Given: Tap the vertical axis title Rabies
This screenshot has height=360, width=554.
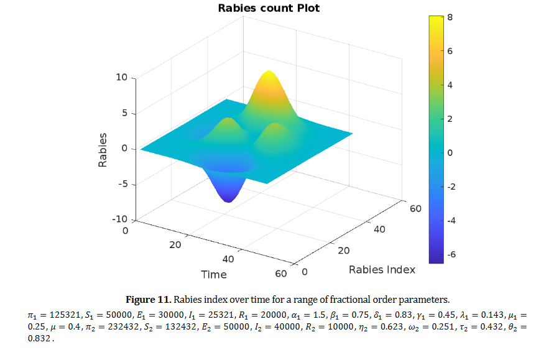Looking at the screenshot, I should point(103,150).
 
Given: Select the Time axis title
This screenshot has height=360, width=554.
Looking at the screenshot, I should point(213,274).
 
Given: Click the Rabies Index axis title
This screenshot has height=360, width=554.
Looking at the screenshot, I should point(382,269).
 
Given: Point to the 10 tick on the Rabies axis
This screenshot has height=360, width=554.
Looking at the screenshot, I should point(121,78).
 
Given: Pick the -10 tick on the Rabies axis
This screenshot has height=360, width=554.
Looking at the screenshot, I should point(119,219).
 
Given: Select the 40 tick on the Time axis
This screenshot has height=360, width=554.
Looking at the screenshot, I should point(228,259).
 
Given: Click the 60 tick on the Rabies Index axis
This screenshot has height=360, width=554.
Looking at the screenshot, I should point(415,208).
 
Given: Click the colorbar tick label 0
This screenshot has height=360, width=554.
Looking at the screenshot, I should point(450,152).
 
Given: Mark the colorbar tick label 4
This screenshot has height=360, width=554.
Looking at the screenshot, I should point(450,85).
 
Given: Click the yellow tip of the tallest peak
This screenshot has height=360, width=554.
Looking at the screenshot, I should point(269,73).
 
